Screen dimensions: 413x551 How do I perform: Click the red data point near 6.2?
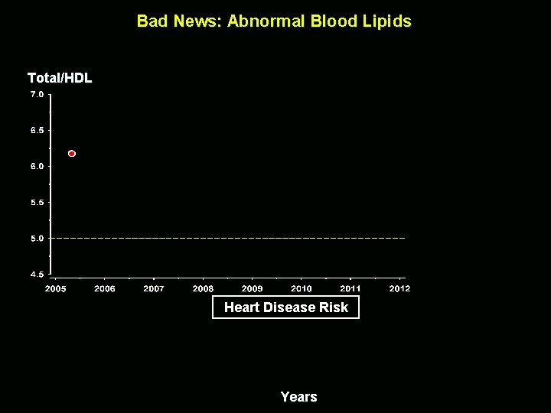[x=72, y=154]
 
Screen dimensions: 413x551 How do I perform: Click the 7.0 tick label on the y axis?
[x=37, y=94]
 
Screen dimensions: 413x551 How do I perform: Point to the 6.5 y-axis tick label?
[x=37, y=130]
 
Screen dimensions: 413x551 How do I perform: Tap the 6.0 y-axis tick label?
[x=37, y=166]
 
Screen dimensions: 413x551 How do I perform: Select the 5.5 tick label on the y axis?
[x=37, y=203]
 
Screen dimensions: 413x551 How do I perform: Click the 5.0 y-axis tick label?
[x=37, y=239]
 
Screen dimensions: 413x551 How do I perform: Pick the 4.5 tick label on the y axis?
[x=37, y=274]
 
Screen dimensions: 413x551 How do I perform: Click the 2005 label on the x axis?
[x=55, y=288]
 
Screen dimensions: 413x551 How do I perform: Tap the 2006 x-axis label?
[x=105, y=288]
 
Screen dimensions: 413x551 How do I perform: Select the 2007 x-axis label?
[x=154, y=288]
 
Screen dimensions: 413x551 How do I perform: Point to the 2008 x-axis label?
[x=203, y=288]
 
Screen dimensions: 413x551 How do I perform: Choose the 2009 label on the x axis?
[x=252, y=288]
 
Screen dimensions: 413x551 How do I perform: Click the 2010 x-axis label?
[x=302, y=288]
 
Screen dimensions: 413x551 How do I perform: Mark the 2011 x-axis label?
[x=350, y=288]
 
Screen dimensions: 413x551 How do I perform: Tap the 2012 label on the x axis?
[x=399, y=288]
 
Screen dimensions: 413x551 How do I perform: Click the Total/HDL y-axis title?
[x=60, y=77]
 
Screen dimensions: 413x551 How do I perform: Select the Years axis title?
[x=298, y=396]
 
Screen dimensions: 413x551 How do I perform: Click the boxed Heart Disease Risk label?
[x=285, y=307]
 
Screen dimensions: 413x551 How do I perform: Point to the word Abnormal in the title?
[x=266, y=21]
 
